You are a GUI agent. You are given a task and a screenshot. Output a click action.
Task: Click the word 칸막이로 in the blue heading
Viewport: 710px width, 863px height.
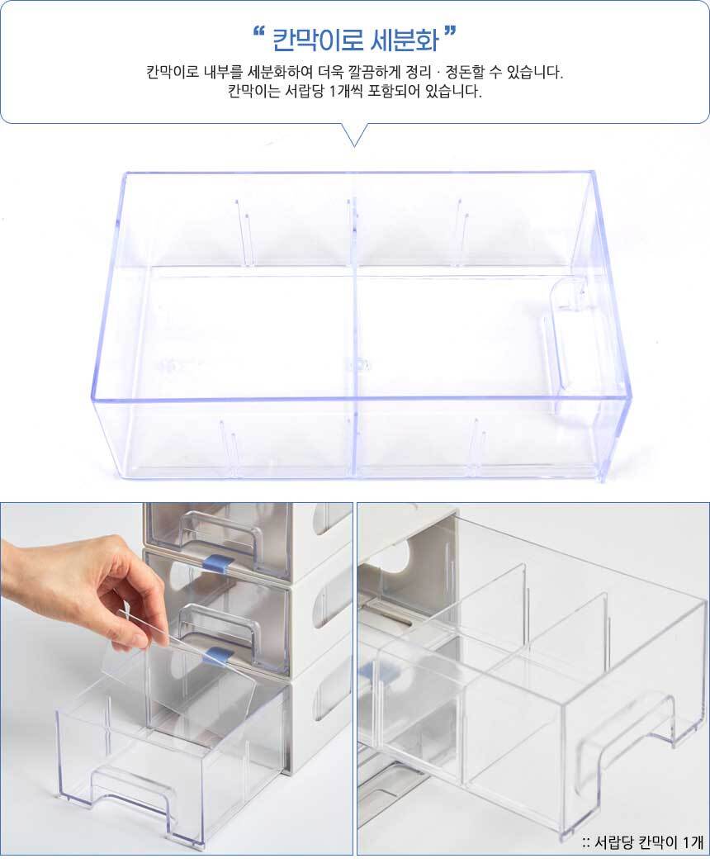(318, 40)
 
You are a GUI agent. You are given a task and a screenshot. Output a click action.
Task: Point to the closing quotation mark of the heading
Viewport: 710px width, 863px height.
(451, 32)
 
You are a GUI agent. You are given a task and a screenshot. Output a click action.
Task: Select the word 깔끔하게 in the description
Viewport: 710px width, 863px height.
(380, 72)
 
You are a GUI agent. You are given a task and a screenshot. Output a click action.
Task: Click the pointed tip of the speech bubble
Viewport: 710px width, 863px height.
(355, 146)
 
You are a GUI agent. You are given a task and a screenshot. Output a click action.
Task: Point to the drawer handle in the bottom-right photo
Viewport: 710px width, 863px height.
(627, 727)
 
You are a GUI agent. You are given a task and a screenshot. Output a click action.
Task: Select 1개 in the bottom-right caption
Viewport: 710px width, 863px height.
(692, 842)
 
